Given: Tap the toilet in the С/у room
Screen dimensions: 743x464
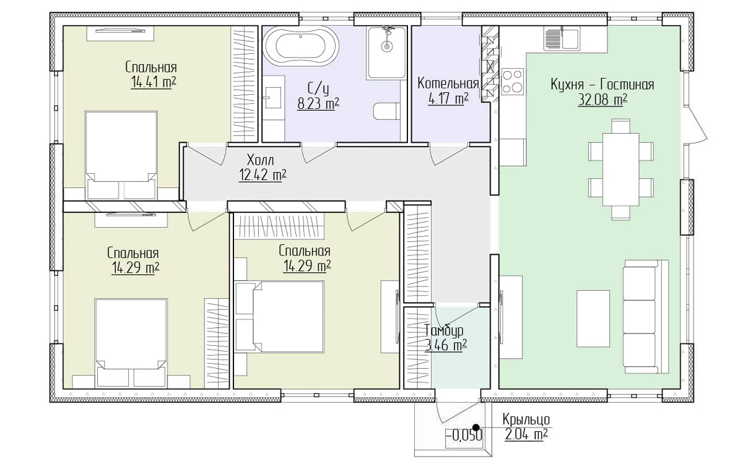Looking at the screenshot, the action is pos(387,111).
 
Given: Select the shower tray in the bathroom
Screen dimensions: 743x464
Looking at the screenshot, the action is pos(386,53).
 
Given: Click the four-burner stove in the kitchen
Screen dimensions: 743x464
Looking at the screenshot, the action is pos(513,81).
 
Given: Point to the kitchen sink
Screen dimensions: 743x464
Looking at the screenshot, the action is pos(562,38).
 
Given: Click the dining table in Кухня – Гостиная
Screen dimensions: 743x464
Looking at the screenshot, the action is pos(621,170).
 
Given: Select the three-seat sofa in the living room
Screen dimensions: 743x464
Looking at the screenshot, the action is pos(645,317).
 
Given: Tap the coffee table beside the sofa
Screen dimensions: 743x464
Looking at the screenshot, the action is pos(593,319).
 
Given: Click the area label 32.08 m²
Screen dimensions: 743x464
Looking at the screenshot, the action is pos(602,100).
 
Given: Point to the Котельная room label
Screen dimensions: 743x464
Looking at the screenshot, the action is pos(448,84).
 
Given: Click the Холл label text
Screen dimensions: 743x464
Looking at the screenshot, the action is pos(261,160).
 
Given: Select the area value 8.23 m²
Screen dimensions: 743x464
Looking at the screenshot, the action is pos(318,103).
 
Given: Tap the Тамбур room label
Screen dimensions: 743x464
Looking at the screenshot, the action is pos(445,330).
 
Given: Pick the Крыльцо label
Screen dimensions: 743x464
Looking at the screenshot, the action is pos(526,419).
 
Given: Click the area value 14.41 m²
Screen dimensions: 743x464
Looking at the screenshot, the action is pos(154,82).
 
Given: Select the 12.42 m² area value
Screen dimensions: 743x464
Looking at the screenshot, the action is pos(263,175).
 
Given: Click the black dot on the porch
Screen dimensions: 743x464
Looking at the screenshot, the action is pos(476,427).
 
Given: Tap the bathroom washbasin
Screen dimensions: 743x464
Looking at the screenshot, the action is pos(272,98).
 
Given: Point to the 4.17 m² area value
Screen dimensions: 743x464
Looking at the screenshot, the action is pos(448,98).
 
